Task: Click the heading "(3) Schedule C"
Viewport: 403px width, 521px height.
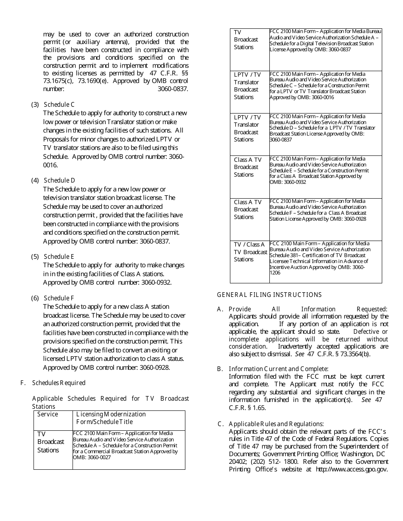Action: point(53,105)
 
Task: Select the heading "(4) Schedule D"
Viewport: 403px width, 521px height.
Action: point(53,180)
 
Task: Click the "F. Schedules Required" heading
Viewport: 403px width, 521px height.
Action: point(53,383)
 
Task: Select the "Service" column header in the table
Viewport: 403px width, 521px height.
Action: point(48,414)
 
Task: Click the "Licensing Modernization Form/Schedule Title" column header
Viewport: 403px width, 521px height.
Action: point(111,418)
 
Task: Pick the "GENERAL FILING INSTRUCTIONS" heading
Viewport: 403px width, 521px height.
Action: point(269,295)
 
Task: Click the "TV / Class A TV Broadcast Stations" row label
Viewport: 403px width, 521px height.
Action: point(249,252)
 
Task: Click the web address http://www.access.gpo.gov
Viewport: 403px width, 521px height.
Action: point(352,469)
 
